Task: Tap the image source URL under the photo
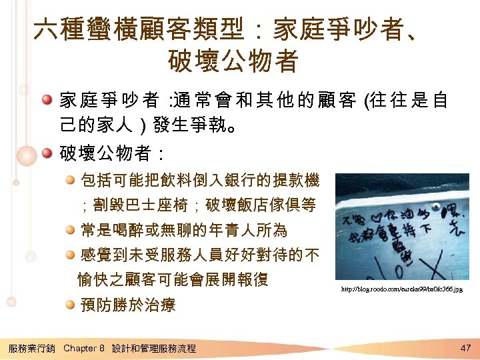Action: point(401,289)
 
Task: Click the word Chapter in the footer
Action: point(80,349)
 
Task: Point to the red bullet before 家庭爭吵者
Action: point(47,101)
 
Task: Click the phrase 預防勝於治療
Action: point(127,305)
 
